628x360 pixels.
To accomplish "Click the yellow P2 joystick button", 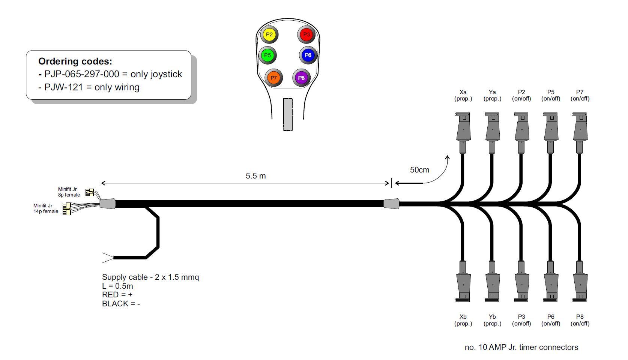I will (x=269, y=34).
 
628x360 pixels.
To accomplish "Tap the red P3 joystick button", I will (x=306, y=34).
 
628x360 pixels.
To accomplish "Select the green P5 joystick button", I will (x=267, y=55).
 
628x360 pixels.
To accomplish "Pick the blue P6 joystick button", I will (x=308, y=55).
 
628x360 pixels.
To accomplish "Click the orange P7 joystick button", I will (x=273, y=78).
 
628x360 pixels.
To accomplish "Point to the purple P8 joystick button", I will (x=301, y=78).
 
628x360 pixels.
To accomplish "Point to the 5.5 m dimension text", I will (x=256, y=176).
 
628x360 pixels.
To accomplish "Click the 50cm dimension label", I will (x=419, y=170).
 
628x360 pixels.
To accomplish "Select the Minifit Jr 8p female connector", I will (x=89, y=192).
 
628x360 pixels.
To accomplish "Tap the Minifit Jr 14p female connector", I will (x=66, y=209).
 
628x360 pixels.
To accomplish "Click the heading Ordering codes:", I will (x=75, y=61).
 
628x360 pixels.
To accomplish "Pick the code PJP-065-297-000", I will (x=82, y=74).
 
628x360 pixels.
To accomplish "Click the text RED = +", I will (x=117, y=295).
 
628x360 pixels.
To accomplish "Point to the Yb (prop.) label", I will (x=492, y=320).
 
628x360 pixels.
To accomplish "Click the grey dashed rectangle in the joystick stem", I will (x=288, y=114).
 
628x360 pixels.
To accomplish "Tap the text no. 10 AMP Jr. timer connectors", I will (x=521, y=347).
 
